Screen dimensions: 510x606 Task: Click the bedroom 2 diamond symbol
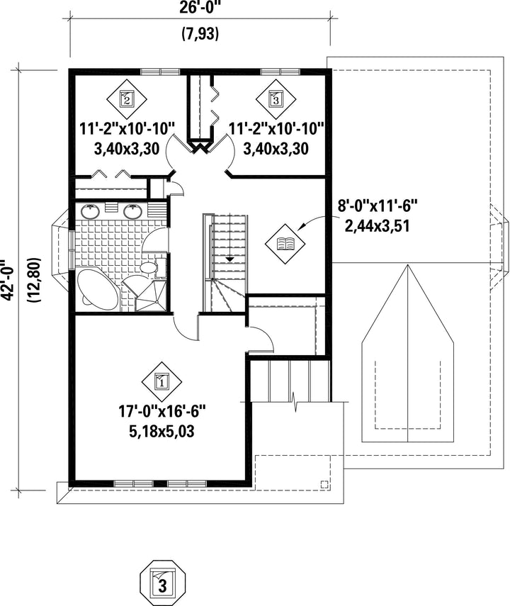[127, 99]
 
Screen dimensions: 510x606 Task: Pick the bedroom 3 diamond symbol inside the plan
[276, 99]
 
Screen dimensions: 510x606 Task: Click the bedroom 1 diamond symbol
[161, 382]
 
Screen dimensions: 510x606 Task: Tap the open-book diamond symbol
[285, 244]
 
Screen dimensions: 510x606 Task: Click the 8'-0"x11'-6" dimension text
[378, 206]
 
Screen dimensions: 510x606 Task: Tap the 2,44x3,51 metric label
[377, 225]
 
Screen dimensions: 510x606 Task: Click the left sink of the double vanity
[90, 211]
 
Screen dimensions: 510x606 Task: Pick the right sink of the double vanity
[133, 211]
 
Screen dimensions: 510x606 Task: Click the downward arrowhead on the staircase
[230, 259]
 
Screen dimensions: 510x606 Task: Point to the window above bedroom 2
[160, 72]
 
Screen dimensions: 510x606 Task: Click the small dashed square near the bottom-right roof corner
[324, 484]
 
